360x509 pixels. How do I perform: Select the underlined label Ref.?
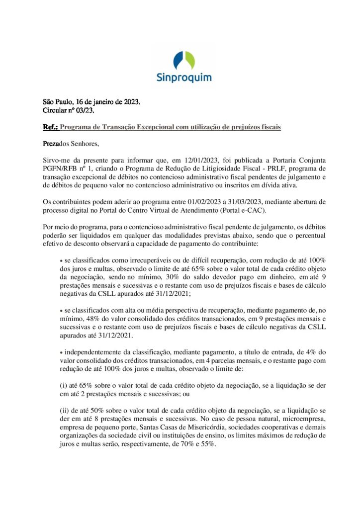point(50,127)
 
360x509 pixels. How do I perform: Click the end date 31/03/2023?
point(218,203)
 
